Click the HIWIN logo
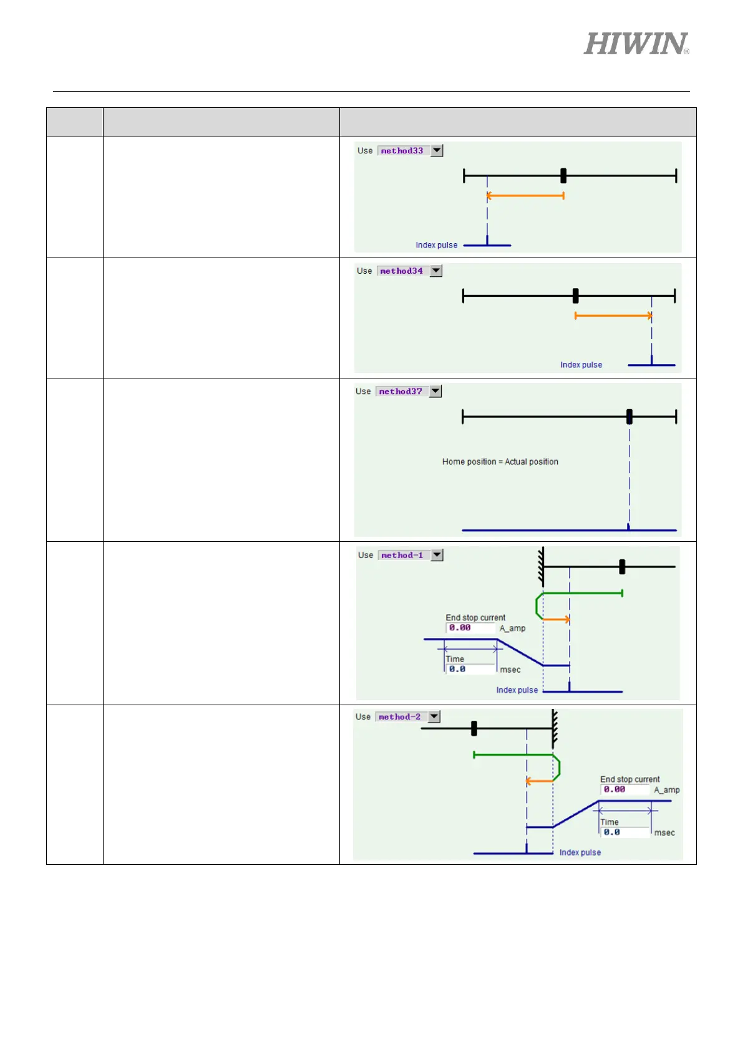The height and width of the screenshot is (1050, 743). (636, 44)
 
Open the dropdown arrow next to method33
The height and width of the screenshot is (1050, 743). (437, 150)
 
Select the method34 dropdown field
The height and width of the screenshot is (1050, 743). (402, 271)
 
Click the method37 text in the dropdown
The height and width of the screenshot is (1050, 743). (401, 392)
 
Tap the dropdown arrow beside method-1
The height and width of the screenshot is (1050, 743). (437, 555)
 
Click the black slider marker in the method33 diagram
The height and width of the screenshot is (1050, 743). (563, 176)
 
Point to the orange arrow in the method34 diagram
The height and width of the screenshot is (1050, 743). (613, 315)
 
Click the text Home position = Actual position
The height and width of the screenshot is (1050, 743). (500, 462)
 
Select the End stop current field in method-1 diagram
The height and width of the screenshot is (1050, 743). (470, 628)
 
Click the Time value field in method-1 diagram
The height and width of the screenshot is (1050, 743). (470, 669)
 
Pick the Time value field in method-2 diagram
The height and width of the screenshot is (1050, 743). (624, 832)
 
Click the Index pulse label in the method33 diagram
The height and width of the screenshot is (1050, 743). (436, 245)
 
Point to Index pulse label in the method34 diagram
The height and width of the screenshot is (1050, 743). (581, 365)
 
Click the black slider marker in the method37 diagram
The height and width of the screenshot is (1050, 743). (629, 417)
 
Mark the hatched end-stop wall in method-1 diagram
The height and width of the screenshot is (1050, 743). (541, 566)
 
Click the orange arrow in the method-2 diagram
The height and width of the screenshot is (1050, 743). (539, 781)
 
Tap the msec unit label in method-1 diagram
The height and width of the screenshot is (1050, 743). (510, 670)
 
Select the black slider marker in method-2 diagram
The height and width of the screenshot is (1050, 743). (474, 728)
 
